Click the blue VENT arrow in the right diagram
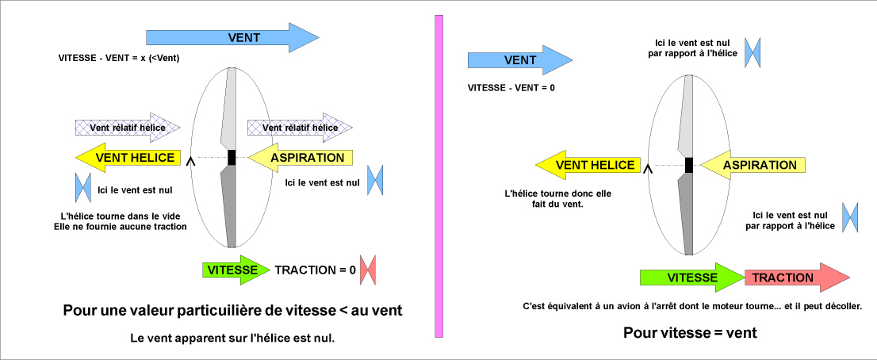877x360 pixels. click(519, 60)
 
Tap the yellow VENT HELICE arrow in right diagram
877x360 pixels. click(591, 165)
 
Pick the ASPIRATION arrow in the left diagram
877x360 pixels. click(301, 158)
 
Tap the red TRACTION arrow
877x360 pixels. click(793, 278)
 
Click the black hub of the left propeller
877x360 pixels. click(232, 157)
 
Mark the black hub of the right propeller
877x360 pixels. click(689, 164)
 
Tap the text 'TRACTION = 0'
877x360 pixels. click(315, 270)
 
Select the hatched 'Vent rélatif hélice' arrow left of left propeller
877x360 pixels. click(128, 127)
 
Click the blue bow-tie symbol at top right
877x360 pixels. click(753, 51)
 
